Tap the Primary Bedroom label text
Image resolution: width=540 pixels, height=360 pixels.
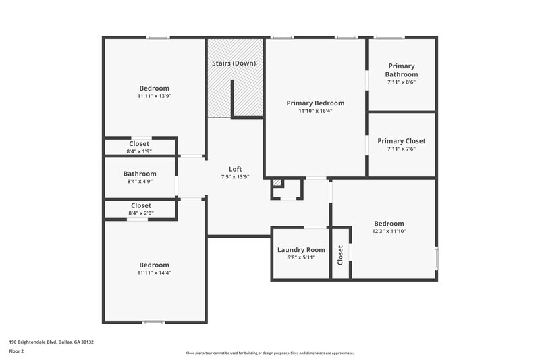315,103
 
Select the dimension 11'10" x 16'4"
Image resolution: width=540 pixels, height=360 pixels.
315,111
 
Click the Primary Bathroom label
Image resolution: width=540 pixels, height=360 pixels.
401,71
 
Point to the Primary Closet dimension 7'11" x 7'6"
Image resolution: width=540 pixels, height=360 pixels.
401,149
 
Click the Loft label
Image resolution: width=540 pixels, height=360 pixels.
235,169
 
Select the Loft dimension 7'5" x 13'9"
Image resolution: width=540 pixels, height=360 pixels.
235,177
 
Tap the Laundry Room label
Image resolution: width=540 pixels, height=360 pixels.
301,250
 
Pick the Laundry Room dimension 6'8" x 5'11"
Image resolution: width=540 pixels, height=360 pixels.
301,257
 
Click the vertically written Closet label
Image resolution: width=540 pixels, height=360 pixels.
340,253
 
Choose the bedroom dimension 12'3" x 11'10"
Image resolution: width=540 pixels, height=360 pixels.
389,231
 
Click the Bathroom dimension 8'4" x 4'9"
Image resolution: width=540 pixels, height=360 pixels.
140,181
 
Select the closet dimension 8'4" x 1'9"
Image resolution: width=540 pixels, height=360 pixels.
140,151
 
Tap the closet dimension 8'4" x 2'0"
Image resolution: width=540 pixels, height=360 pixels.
140,213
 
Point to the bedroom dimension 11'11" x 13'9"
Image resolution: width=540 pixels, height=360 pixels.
154,96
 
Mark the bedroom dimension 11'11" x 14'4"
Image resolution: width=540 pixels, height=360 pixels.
154,273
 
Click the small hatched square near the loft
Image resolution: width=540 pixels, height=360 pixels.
277,182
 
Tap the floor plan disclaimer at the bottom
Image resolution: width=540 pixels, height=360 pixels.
269,353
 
